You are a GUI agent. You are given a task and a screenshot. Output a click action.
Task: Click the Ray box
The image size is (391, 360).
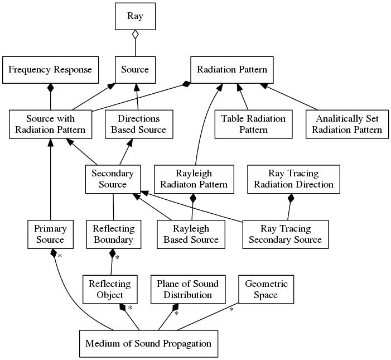coord(135,16)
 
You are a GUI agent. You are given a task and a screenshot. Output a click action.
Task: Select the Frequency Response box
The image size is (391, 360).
coord(51,70)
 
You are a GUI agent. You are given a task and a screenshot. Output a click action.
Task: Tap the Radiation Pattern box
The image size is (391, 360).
coord(232,70)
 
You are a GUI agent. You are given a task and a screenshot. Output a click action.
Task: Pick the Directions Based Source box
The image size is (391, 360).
coord(138,124)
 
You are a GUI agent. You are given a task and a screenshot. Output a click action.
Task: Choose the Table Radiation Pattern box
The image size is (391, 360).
coord(253,124)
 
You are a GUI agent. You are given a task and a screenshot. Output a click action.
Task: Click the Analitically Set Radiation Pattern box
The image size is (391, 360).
coord(346,124)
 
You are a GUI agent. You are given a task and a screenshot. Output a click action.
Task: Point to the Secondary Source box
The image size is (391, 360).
coord(113,179)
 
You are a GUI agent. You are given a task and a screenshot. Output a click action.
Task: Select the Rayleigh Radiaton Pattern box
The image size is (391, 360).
coord(194,179)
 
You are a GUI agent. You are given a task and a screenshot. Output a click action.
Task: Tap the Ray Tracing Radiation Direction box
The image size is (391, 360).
coord(293,179)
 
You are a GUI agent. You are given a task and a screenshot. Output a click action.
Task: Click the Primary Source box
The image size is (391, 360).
coord(51,234)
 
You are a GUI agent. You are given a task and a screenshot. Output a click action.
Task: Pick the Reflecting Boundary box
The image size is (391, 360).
coord(113,234)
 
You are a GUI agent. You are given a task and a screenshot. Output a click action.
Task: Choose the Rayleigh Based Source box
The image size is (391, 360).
coord(191,234)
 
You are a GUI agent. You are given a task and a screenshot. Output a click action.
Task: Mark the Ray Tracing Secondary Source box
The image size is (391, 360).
coord(285,234)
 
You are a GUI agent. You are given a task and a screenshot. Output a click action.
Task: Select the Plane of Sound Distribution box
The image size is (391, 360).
coord(187,289)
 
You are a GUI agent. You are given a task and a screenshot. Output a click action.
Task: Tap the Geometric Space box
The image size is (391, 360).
coord(266,289)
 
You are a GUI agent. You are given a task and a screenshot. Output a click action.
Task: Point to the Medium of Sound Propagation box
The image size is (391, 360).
coord(148,343)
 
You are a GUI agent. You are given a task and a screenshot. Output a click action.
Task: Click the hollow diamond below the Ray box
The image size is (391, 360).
coord(135,35)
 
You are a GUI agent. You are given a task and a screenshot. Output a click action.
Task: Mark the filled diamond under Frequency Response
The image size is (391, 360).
coord(51,88)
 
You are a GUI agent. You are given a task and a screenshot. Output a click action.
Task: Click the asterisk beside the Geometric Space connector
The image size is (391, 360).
coord(231,309)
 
